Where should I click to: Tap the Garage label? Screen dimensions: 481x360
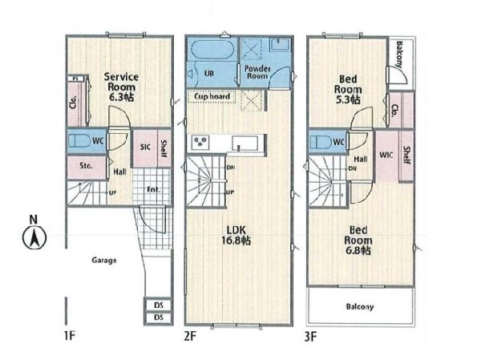(104, 261)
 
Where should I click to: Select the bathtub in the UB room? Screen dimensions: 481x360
(212, 50)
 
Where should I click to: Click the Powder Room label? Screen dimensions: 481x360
(257, 72)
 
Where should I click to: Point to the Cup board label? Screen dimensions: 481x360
(212, 97)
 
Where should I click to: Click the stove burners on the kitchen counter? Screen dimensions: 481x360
(200, 142)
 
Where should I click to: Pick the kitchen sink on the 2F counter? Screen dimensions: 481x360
(245, 144)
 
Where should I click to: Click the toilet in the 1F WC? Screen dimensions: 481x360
(79, 141)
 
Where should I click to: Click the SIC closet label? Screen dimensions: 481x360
(145, 147)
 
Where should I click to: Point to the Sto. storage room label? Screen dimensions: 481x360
(86, 166)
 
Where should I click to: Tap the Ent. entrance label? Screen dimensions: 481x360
(154, 190)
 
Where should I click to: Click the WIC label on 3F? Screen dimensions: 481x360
(386, 155)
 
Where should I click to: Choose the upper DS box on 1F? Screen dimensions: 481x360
(158, 305)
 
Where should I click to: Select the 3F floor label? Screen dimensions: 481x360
(310, 337)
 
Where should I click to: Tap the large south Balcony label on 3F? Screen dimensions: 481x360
(360, 306)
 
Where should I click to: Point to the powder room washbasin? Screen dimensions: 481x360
(280, 45)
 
